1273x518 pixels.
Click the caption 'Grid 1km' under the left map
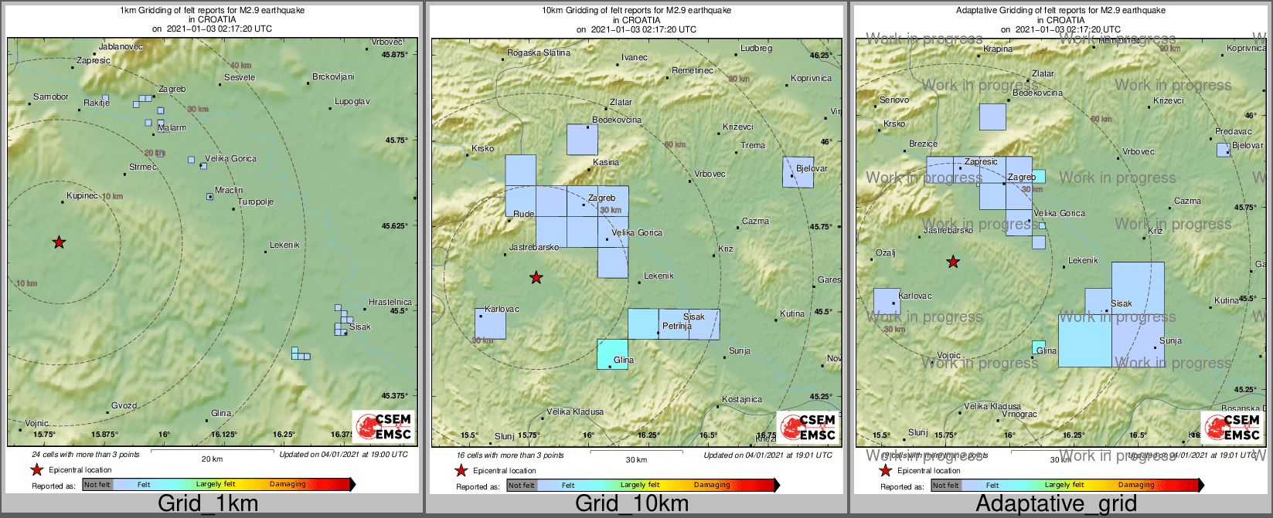click(x=208, y=503)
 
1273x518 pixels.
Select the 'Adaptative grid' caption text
click(x=1056, y=503)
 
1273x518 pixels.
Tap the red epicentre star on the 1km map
click(x=59, y=242)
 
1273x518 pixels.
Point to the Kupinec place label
click(x=82, y=196)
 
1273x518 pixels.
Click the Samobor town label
click(x=51, y=97)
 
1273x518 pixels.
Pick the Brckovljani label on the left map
click(x=333, y=76)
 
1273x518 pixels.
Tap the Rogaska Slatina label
click(x=538, y=53)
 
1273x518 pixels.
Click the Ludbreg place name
click(x=756, y=49)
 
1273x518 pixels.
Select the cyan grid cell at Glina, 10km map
click(x=612, y=354)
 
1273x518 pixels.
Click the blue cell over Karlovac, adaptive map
click(x=887, y=302)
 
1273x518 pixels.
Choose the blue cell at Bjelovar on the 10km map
click(x=798, y=172)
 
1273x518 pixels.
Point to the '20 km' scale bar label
click(x=212, y=459)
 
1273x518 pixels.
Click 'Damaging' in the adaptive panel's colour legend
click(x=1136, y=485)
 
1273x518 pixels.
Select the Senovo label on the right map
click(x=894, y=100)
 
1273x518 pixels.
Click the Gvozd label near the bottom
click(x=124, y=405)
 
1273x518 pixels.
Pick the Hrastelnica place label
click(x=390, y=302)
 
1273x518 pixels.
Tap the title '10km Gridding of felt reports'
click(x=636, y=11)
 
